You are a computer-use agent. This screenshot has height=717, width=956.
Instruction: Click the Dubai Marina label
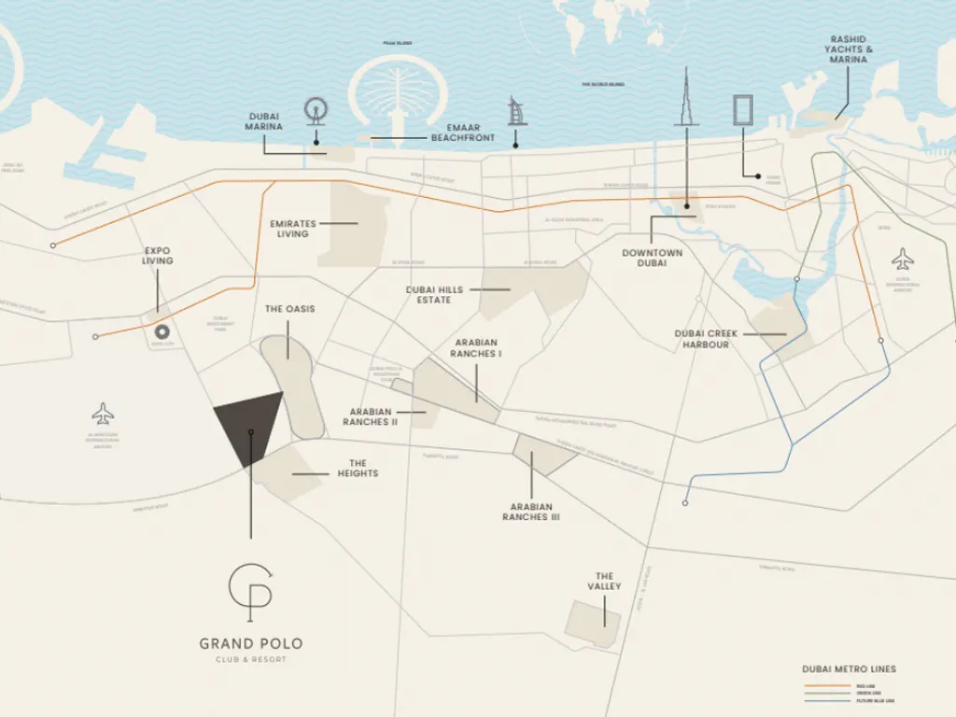tap(262, 121)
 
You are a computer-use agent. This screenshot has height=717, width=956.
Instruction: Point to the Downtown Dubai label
tap(652, 258)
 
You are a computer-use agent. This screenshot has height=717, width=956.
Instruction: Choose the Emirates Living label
tap(292, 229)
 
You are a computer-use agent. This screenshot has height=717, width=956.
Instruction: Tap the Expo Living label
tap(157, 255)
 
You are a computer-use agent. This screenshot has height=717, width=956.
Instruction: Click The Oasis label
tap(289, 309)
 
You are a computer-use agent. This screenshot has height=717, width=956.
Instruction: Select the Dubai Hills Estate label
tap(434, 295)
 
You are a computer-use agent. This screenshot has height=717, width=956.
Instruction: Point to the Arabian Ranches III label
tap(530, 511)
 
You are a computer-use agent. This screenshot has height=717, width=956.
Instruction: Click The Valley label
tap(604, 582)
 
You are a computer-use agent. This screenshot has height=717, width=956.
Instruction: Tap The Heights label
tap(358, 468)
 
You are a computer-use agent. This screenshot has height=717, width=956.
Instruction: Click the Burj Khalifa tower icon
tap(686, 98)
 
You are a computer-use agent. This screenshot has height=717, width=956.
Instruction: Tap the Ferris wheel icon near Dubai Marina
tap(316, 110)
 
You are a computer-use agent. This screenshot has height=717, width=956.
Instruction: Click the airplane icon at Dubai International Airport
tap(902, 259)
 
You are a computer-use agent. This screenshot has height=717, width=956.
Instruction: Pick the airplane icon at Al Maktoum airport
tap(103, 413)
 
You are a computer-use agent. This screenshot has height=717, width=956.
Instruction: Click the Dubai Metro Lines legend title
tap(849, 668)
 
